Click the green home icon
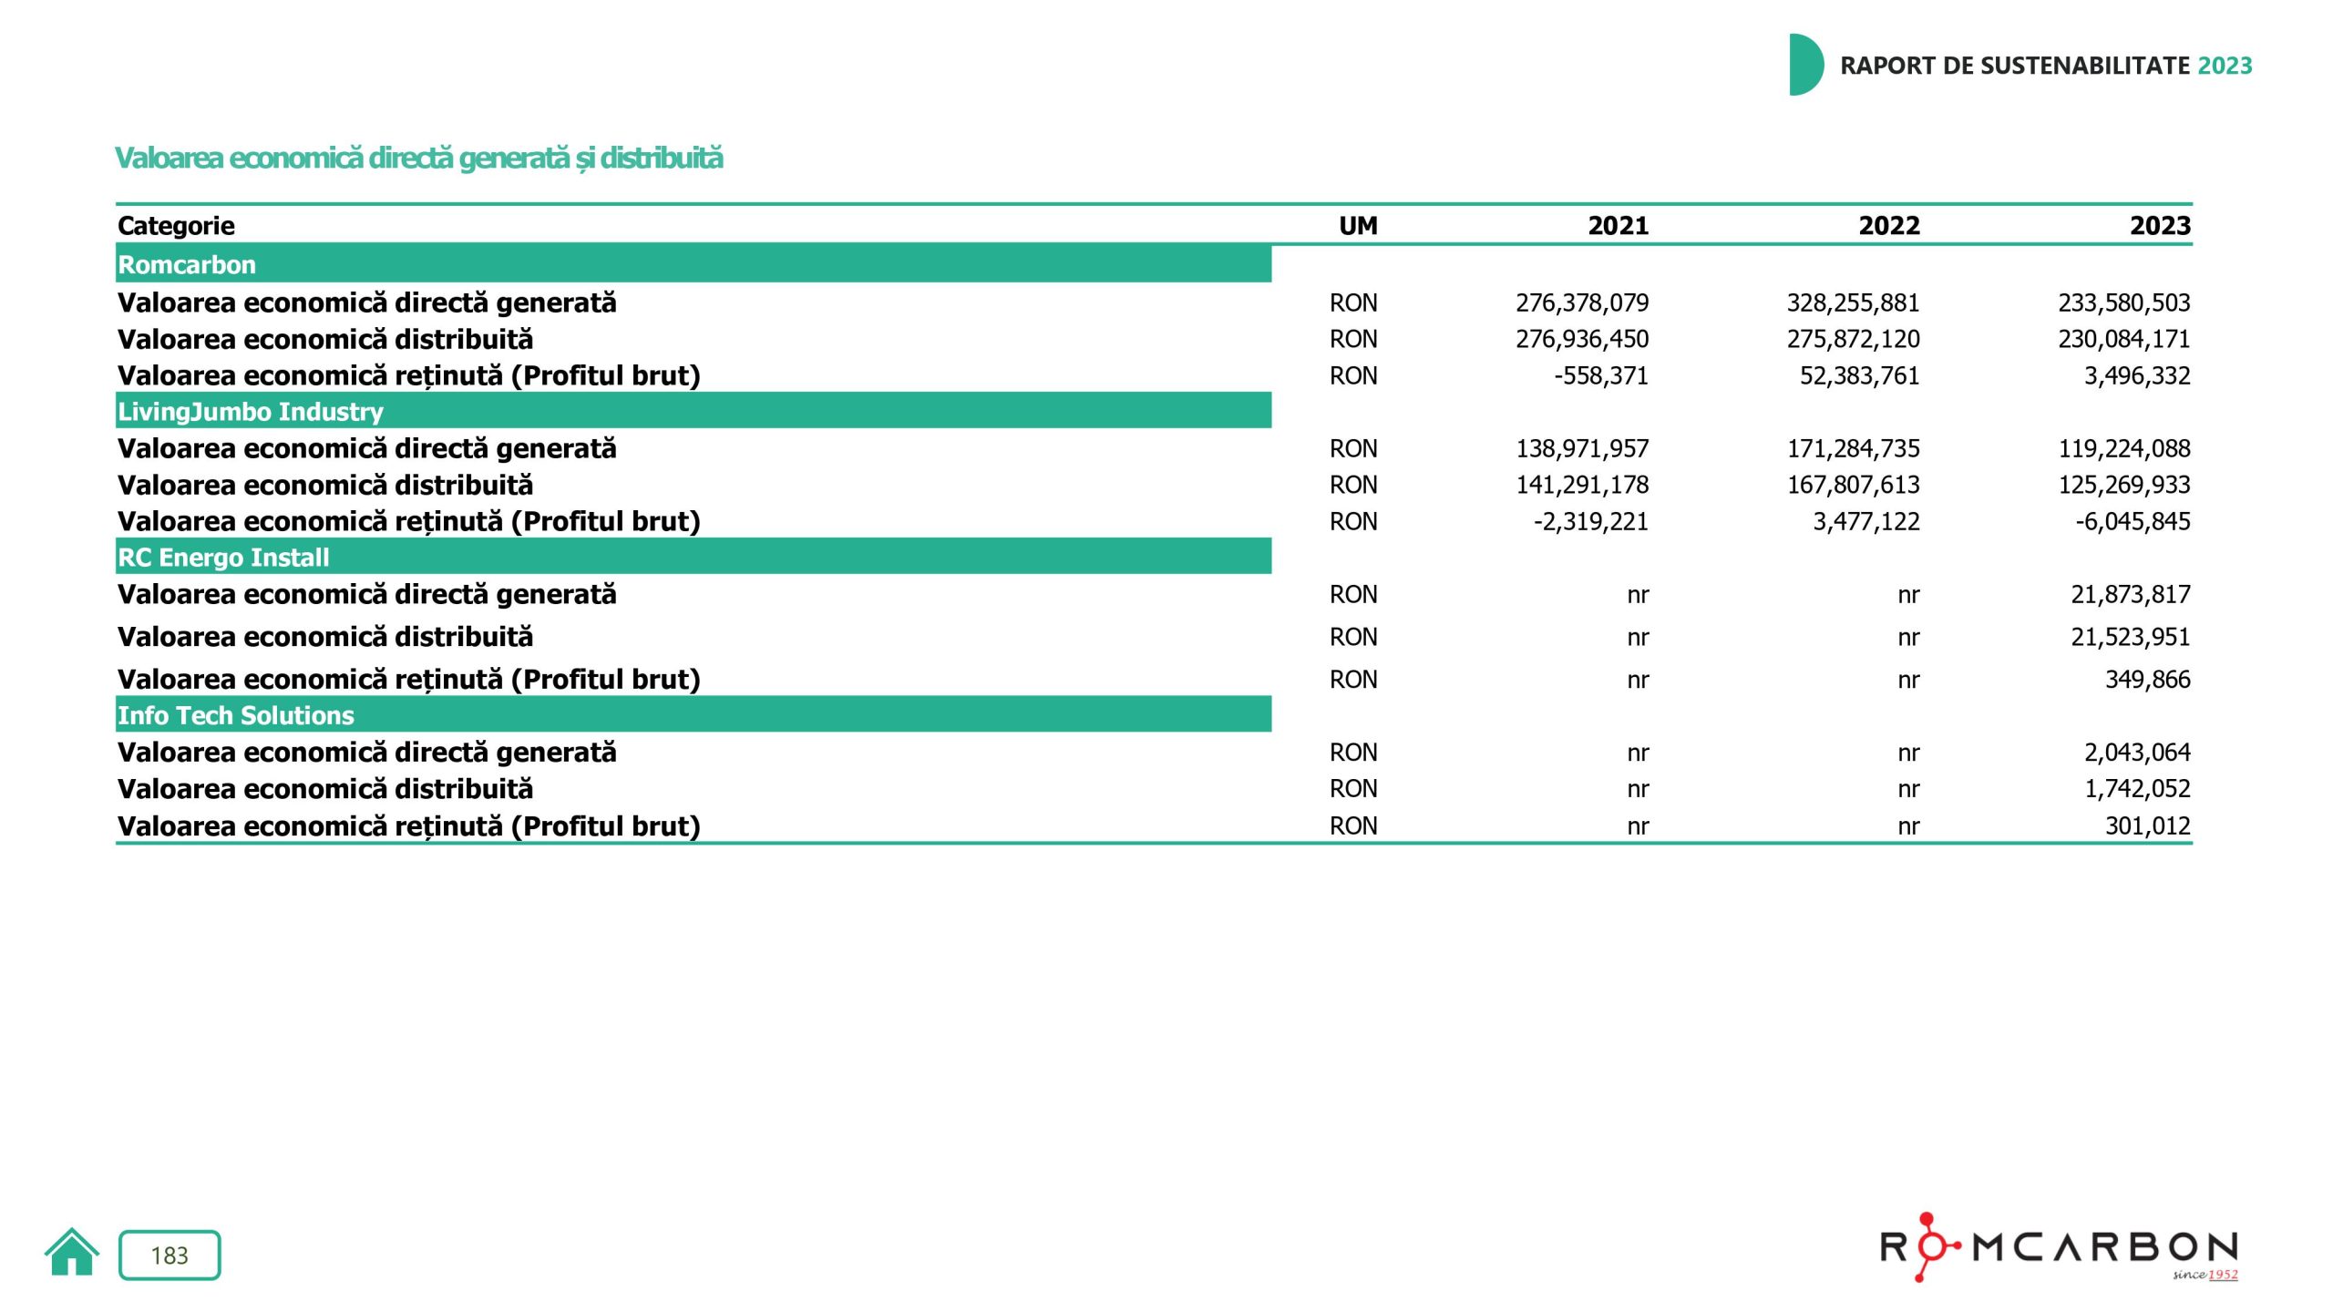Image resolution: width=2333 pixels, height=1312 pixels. pyautogui.click(x=71, y=1253)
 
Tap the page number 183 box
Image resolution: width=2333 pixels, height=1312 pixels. pyautogui.click(x=170, y=1256)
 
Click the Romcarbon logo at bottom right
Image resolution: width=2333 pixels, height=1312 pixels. pyautogui.click(x=2059, y=1247)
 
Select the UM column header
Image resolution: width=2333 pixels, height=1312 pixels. pyautogui.click(x=1357, y=226)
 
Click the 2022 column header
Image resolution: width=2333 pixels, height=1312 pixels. pyautogui.click(x=1888, y=226)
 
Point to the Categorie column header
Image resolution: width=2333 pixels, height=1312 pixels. pyautogui.click(x=176, y=226)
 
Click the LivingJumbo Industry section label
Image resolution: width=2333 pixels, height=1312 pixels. pyautogui.click(x=251, y=412)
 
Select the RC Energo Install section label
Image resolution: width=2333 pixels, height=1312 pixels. pyautogui.click(x=223, y=558)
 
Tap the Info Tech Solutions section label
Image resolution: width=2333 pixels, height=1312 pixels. pyautogui.click(x=236, y=716)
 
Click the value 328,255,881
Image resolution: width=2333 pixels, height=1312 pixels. pyautogui.click(x=1853, y=302)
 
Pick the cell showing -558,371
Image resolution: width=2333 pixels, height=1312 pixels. pyautogui.click(x=1600, y=375)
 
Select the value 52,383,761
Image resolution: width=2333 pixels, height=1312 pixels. pyautogui.click(x=1859, y=375)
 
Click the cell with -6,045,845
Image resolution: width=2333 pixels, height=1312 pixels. pyautogui.click(x=2133, y=521)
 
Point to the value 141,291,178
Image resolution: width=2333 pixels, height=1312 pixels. pyautogui.click(x=1582, y=485)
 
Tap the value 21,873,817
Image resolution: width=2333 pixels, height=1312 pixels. pyautogui.click(x=2130, y=595)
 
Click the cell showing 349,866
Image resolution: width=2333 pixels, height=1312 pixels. pyautogui.click(x=2147, y=680)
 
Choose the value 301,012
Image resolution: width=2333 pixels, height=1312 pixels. pyautogui.click(x=2147, y=826)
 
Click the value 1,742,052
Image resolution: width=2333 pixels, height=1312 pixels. pyautogui.click(x=2137, y=789)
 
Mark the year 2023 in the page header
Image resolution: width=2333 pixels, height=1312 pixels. pyautogui.click(x=2225, y=66)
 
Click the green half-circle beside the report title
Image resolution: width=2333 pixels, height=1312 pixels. pyautogui.click(x=1804, y=65)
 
